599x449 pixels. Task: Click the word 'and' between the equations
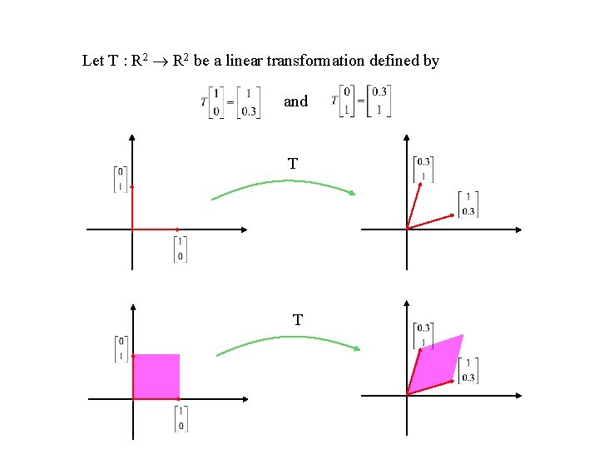tap(295, 101)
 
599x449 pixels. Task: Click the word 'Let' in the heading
tap(92, 61)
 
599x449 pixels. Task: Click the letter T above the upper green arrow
tap(292, 164)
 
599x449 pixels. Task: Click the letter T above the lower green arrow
tap(297, 319)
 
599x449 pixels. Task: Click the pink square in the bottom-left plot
tap(156, 376)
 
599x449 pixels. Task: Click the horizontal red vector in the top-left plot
tap(156, 229)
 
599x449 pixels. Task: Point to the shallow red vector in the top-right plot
tap(429, 221)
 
